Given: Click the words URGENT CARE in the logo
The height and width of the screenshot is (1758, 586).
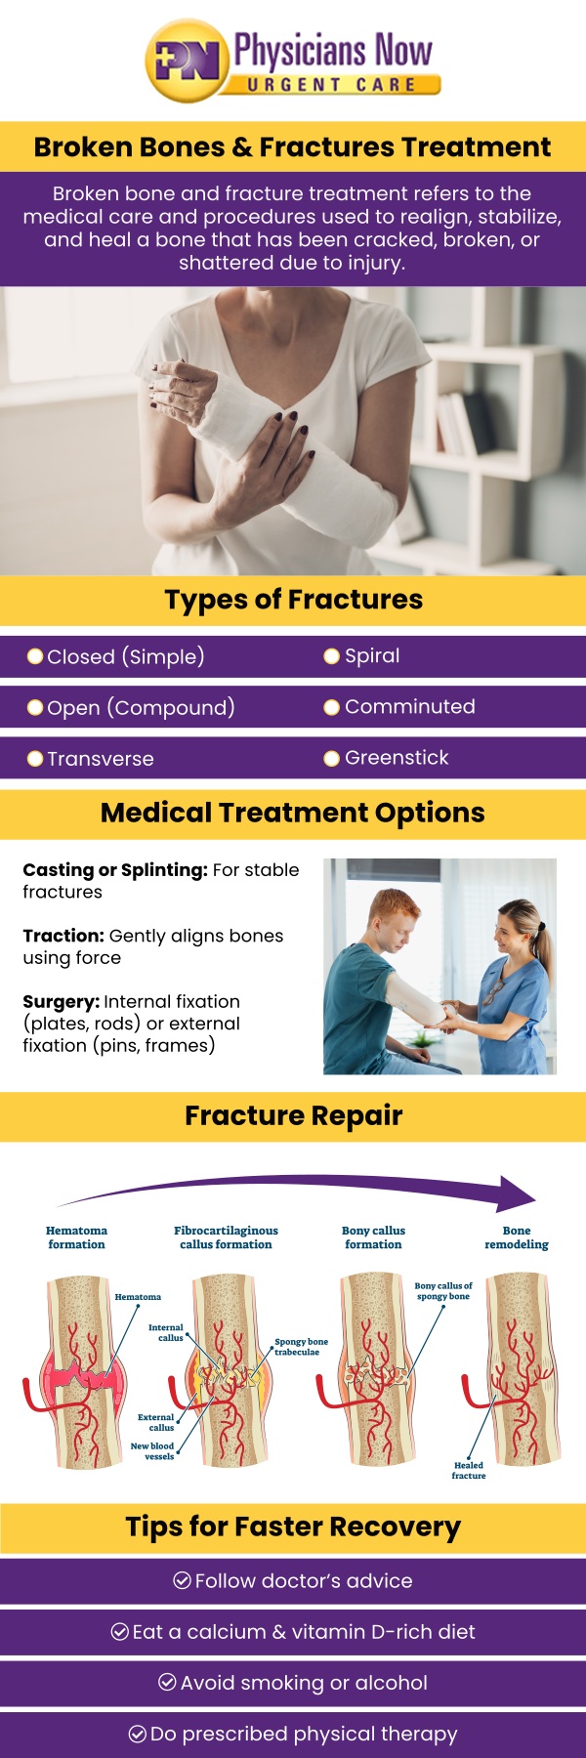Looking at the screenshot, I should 331,85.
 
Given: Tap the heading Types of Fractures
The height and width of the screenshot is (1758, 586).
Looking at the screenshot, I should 293,600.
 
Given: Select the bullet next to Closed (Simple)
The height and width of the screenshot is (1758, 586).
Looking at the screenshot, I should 35,656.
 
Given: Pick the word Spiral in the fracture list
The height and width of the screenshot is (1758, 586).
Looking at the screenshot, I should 372,655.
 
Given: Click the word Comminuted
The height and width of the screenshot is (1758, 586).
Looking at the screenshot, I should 409,706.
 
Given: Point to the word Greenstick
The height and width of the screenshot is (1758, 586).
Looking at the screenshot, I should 397,757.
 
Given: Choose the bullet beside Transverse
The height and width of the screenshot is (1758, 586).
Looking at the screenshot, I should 35,759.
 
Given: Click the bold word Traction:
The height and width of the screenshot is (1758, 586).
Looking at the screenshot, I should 63,936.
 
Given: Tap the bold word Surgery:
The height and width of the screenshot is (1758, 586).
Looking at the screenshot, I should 61,1001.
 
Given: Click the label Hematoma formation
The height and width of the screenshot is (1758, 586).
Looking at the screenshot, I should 76,1237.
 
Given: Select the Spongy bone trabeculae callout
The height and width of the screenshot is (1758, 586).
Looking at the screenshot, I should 301,1347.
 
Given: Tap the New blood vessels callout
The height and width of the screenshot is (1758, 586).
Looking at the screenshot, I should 153,1450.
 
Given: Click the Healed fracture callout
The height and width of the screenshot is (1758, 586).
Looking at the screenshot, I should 468,1470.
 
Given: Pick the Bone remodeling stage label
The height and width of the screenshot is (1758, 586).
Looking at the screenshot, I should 516,1237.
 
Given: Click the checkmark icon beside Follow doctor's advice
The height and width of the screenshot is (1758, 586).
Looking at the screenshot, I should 182,1580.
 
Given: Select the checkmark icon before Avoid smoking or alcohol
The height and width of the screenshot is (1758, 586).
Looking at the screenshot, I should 167,1682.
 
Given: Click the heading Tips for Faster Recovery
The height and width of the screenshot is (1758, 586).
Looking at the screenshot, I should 293,1527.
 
